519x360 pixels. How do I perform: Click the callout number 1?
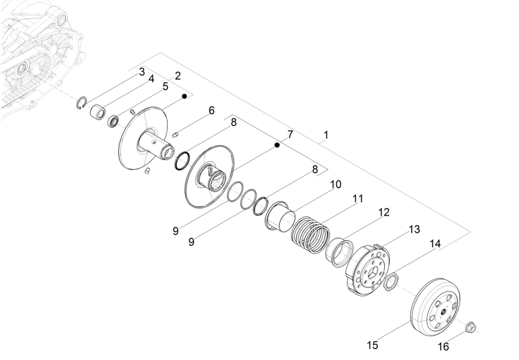(x=326, y=134)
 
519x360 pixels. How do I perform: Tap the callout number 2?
(x=177, y=76)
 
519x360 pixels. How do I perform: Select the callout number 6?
(x=212, y=110)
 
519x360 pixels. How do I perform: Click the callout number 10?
(x=335, y=184)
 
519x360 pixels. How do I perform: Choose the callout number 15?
(x=373, y=345)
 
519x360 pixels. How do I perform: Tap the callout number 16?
(x=443, y=346)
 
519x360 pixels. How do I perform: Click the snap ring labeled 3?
(x=83, y=104)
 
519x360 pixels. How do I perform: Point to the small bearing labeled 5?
(x=114, y=121)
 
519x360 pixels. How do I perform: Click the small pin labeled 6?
(x=175, y=133)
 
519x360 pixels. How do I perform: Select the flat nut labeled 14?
(x=390, y=282)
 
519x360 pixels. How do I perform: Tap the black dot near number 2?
(x=184, y=96)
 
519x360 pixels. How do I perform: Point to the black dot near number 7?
(x=277, y=145)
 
